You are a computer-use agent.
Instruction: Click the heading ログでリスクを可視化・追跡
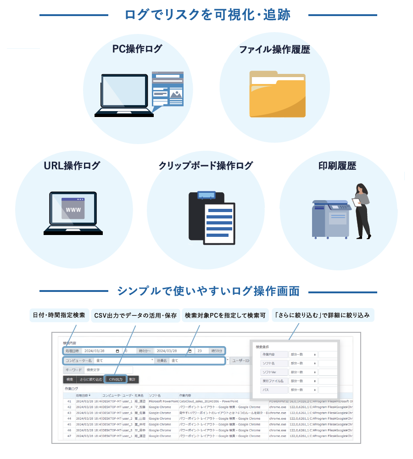207,15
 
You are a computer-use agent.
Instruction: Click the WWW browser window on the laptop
73,209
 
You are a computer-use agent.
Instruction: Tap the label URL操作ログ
72,166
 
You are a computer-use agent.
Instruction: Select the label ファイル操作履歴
274,50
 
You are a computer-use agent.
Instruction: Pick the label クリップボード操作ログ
206,166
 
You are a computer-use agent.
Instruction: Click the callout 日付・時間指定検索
59,315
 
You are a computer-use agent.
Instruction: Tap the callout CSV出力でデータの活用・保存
135,315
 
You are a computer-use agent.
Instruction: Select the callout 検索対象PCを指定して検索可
225,315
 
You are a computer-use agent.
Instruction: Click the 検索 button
70,380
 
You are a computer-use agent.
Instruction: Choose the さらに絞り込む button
91,380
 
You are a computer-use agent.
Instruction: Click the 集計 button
132,380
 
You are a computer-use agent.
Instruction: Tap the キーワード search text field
108,370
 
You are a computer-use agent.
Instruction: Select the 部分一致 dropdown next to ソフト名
303,364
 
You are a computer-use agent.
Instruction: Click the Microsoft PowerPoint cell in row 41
163,401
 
